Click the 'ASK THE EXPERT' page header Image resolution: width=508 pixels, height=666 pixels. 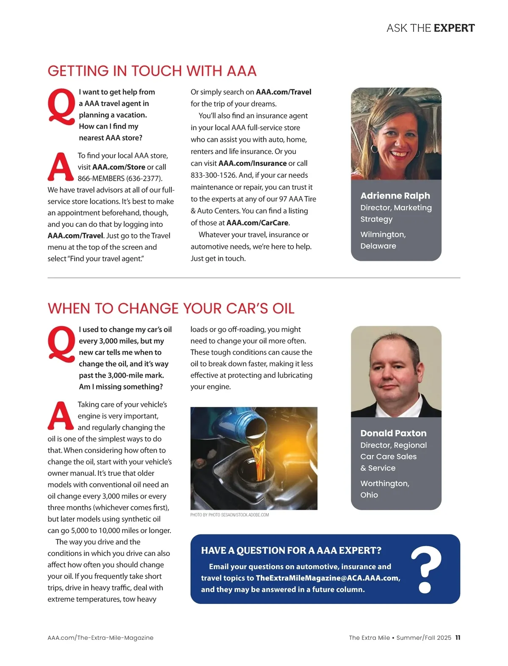(x=430, y=28)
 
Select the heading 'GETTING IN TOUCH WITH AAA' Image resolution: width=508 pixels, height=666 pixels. (x=152, y=71)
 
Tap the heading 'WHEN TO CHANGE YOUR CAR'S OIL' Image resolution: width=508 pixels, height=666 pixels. (x=171, y=309)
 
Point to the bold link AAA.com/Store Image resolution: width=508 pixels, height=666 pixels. (x=119, y=167)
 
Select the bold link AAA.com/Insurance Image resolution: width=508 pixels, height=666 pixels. (x=252, y=163)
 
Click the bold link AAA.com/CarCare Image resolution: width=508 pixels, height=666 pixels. (x=257, y=223)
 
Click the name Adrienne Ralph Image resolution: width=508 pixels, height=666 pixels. (x=395, y=196)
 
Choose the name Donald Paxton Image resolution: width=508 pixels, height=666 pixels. (x=393, y=433)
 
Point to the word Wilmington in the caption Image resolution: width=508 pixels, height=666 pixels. (x=383, y=235)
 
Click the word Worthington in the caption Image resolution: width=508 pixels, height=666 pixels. (x=384, y=484)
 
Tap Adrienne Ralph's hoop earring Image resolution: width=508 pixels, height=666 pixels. (x=375, y=149)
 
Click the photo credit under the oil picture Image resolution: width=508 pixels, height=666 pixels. (x=229, y=515)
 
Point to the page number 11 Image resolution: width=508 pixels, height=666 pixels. (x=458, y=638)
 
